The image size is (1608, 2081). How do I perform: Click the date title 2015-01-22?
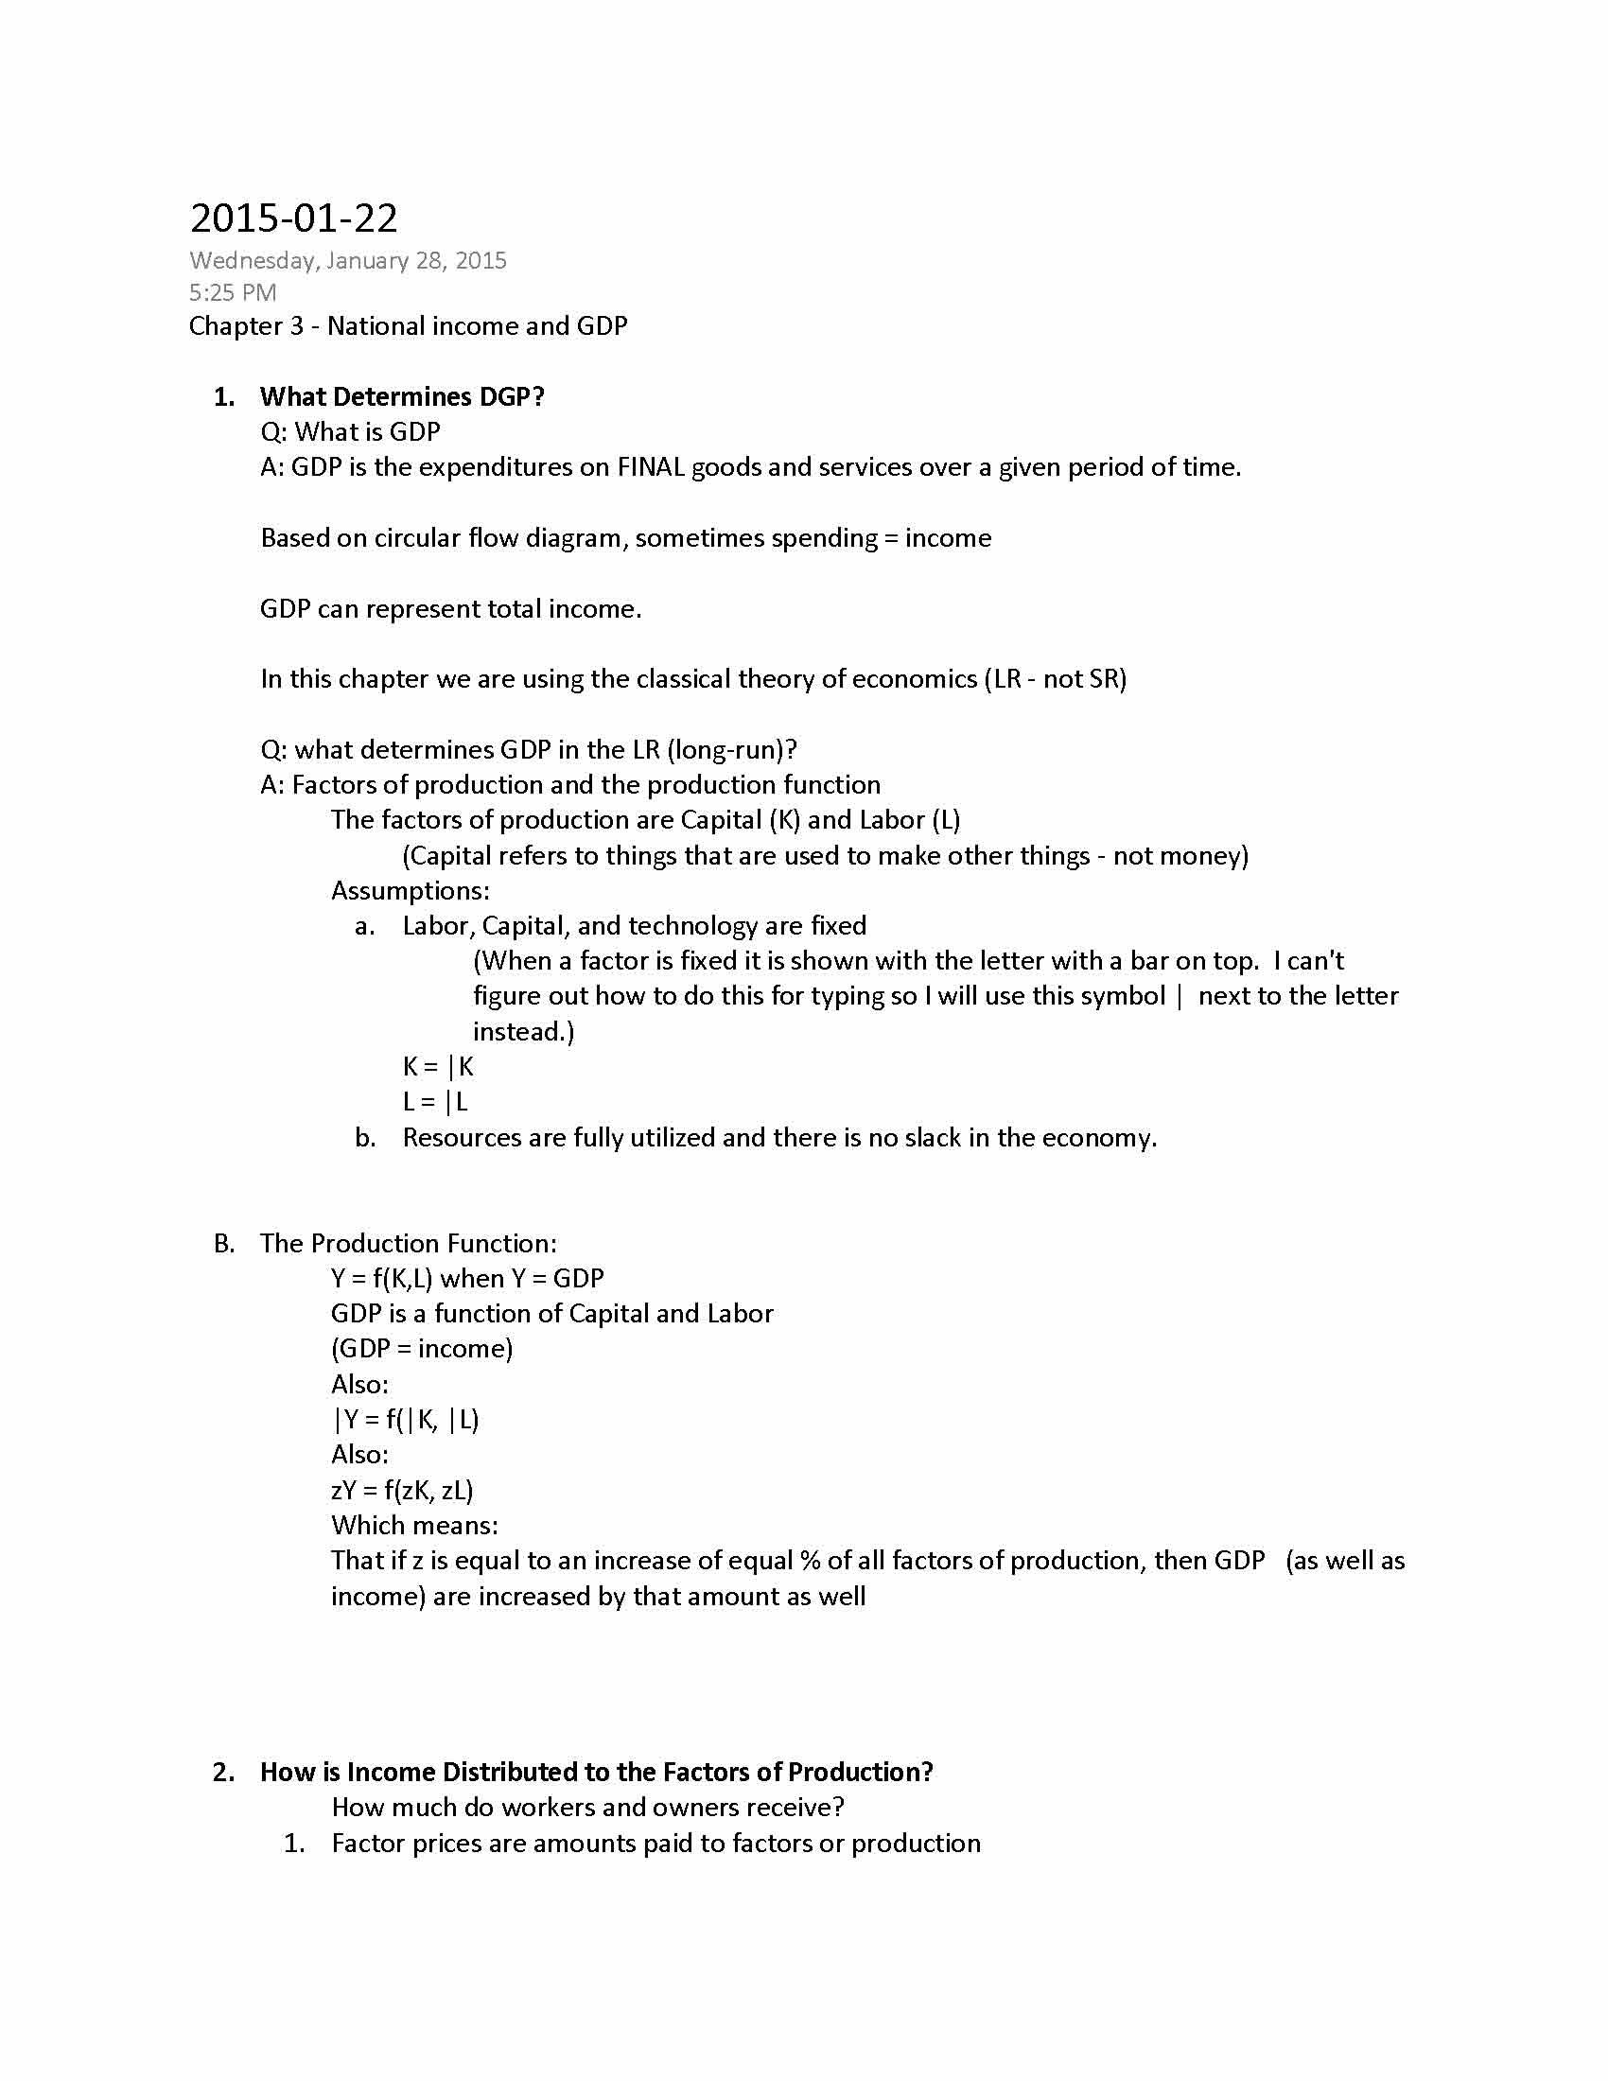pos(293,219)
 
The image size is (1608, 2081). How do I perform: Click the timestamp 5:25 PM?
pos(233,292)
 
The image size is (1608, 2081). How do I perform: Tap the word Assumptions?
pos(411,890)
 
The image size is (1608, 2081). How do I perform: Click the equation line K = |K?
pos(437,1066)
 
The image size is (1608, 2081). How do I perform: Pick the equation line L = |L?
pos(434,1101)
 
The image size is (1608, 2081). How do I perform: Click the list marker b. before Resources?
pos(365,1138)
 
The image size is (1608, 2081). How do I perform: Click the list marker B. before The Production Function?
pos(224,1244)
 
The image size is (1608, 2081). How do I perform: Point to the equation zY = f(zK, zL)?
pos(402,1490)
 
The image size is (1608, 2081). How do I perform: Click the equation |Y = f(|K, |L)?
pos(405,1420)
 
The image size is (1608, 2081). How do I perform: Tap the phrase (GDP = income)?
pos(421,1348)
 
